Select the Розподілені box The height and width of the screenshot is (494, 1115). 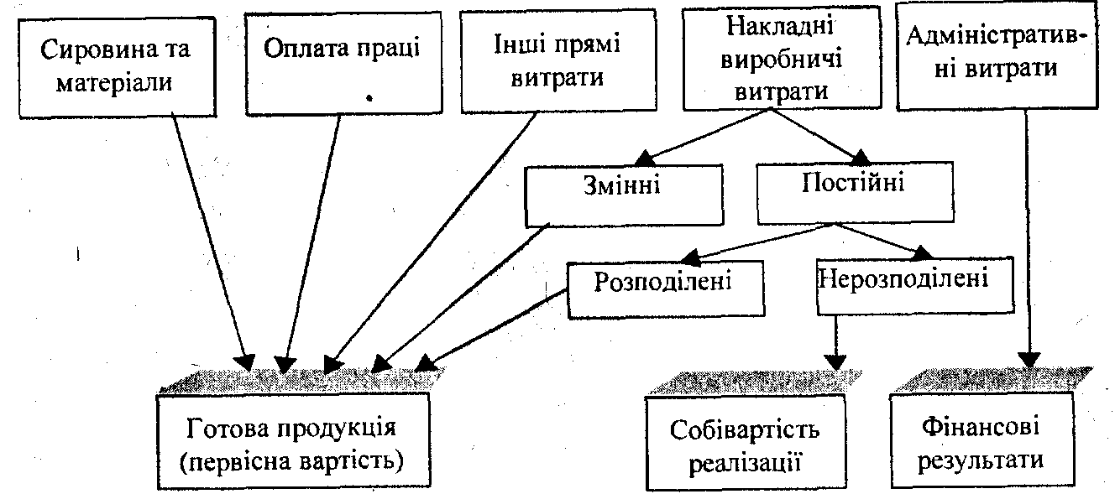point(664,289)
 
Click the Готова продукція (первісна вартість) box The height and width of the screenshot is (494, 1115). point(293,442)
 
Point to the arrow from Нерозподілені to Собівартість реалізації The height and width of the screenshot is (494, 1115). point(835,340)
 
